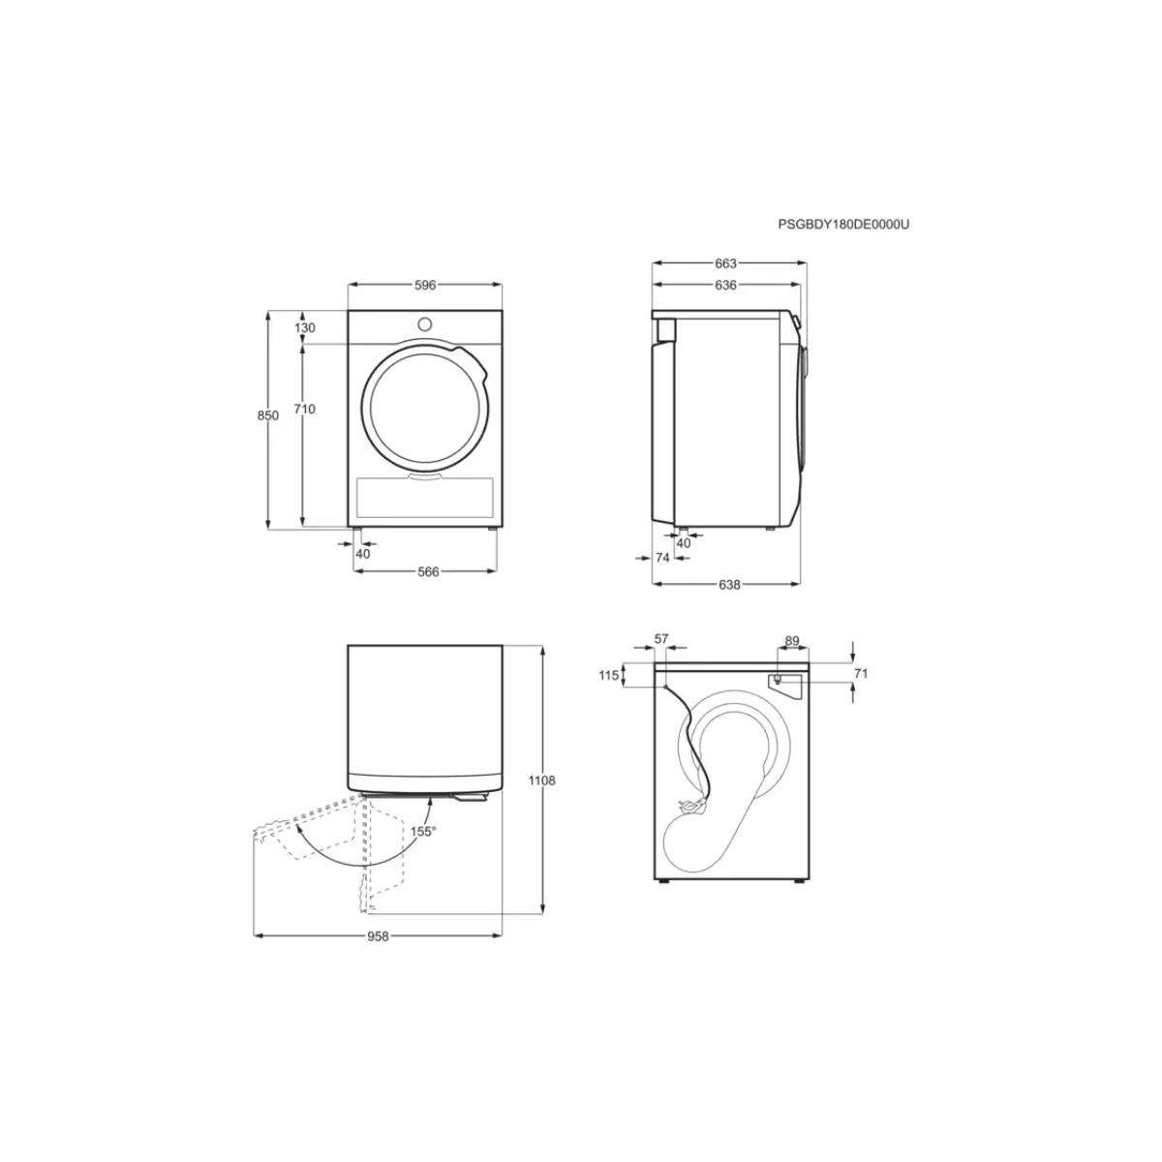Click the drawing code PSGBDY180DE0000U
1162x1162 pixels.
843,225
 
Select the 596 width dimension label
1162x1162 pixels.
424,286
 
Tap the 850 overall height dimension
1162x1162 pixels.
268,415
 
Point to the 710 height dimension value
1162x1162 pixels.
304,410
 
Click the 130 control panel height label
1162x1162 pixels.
305,328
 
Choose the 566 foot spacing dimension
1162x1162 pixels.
428,571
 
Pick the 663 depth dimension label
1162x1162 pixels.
726,263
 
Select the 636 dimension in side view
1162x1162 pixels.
726,286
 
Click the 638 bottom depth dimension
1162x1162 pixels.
730,584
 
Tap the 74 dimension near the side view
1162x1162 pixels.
662,558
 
